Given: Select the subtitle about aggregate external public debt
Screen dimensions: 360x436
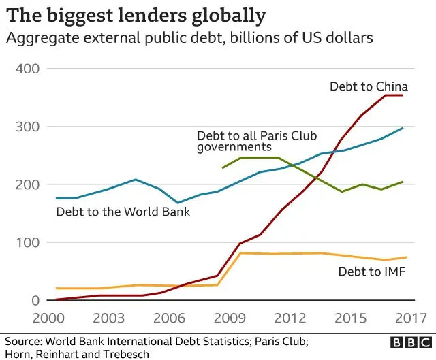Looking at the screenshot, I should click(189, 38).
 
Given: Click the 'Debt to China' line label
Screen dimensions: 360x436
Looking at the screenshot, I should click(369, 86).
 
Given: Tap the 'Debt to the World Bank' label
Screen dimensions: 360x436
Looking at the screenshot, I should click(123, 212).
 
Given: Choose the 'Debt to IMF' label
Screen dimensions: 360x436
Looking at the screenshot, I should click(371, 272).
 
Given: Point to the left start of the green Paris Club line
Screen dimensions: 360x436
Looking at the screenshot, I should click(223, 167).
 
